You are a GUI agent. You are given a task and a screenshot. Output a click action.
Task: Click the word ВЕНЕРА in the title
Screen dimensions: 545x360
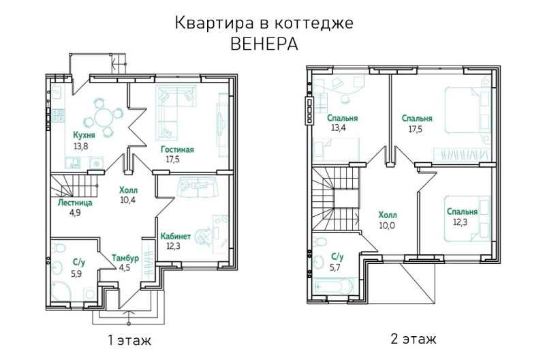click(264, 44)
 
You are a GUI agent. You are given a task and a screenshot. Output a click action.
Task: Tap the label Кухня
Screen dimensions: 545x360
click(84, 135)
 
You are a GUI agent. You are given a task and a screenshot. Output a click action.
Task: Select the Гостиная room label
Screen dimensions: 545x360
click(177, 149)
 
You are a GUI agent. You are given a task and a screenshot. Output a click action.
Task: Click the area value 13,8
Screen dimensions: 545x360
click(80, 146)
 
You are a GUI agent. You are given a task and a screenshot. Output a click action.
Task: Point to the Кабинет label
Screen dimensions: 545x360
click(176, 237)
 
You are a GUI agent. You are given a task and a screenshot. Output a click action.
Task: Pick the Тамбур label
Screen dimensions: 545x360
click(125, 258)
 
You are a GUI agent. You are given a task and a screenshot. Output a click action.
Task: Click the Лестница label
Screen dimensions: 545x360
click(75, 202)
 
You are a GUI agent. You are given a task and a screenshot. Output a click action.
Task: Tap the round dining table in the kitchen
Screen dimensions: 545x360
click(103, 117)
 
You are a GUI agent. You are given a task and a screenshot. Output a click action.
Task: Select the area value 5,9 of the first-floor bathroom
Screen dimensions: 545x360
click(76, 273)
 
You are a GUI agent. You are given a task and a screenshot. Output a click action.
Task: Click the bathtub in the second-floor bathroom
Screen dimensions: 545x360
click(334, 287)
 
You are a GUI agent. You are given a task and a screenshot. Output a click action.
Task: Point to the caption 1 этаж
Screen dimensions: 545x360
click(129, 340)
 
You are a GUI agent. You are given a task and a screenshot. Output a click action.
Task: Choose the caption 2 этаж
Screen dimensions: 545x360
click(414, 338)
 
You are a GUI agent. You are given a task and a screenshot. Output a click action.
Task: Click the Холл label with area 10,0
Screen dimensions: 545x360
click(388, 215)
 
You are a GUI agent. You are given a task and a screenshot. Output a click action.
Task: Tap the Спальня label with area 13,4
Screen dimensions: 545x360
click(343, 118)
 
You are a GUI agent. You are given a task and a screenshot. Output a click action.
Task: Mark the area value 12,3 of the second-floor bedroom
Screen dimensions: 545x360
click(460, 222)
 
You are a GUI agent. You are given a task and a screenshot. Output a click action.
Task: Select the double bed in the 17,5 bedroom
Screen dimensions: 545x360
click(467, 110)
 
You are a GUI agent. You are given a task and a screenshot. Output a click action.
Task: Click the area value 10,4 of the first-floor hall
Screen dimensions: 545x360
click(127, 200)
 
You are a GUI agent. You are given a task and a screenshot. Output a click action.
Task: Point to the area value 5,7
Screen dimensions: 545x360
click(335, 267)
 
